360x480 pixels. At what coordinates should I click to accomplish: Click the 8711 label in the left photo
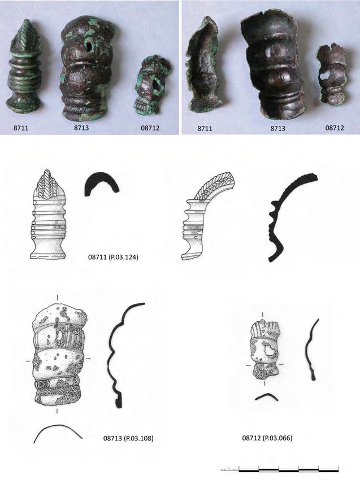[21, 128]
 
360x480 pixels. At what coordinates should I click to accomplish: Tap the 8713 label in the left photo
[81, 128]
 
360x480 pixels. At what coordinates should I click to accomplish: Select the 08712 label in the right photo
[334, 128]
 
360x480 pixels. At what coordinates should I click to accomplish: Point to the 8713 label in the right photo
[277, 128]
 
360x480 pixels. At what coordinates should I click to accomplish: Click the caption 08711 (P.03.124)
[113, 257]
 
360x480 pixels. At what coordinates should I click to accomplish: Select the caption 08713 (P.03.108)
[128, 438]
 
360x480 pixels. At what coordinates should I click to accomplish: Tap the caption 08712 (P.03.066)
[267, 438]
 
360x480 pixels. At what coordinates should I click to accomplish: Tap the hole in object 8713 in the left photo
[89, 46]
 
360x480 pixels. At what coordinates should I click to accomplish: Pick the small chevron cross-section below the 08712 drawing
[267, 396]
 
